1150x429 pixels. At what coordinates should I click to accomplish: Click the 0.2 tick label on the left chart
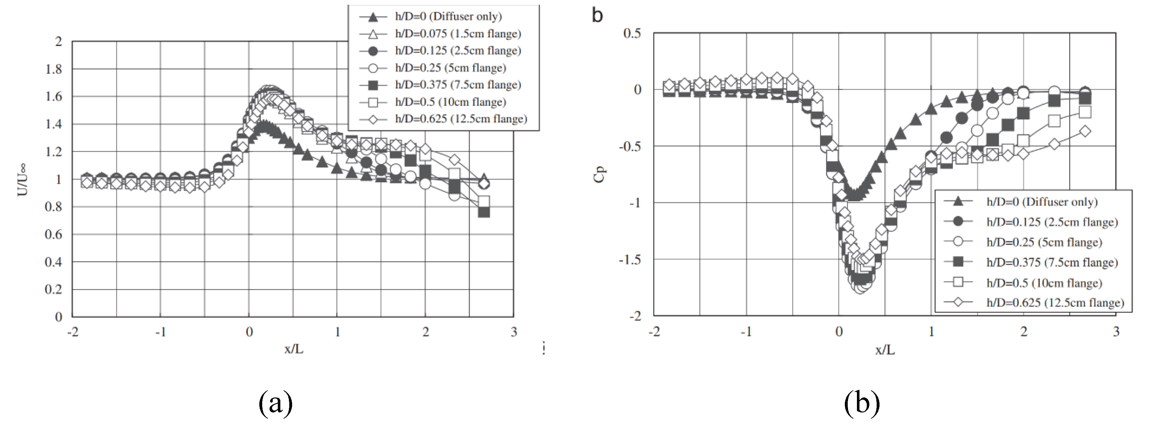53,290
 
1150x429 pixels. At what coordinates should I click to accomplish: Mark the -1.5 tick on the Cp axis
630,260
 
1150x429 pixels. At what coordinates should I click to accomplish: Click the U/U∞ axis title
22,180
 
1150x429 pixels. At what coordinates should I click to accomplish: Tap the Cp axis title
600,174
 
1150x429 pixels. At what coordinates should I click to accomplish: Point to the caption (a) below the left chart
276,403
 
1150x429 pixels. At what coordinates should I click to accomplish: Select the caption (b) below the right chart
862,403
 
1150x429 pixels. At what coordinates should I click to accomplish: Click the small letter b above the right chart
597,16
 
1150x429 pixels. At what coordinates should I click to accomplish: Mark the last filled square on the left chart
483,212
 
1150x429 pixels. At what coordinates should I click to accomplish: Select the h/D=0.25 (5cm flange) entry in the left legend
450,68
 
